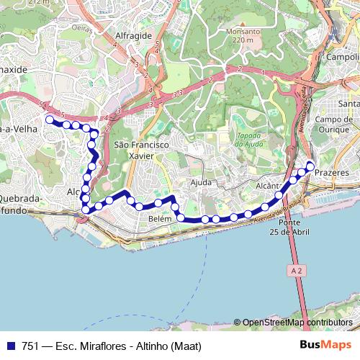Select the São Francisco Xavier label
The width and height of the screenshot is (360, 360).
click(141, 149)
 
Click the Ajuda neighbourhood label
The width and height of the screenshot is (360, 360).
click(201, 182)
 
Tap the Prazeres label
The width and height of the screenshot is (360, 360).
click(332, 174)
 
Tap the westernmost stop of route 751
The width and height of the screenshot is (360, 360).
click(49, 120)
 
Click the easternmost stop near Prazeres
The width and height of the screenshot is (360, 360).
click(310, 166)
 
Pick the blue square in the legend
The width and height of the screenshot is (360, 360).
click(9, 345)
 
